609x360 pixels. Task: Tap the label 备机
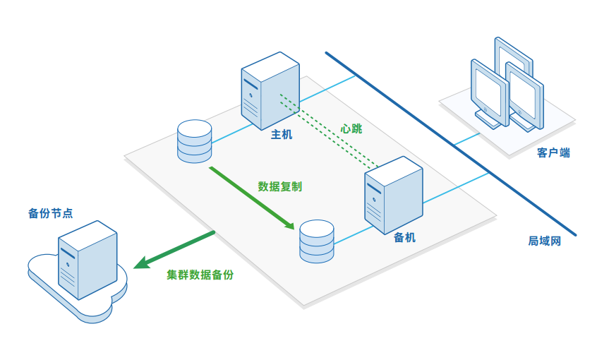[x=404, y=238]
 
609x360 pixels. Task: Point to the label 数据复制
[x=280, y=187]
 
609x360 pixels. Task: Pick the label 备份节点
[x=50, y=212]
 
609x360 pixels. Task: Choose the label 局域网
[x=544, y=241]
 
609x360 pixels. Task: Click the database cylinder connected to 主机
[x=195, y=141]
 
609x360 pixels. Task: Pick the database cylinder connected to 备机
[x=316, y=241]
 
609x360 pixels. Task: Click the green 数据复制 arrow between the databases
[x=251, y=197]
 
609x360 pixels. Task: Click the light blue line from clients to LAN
[x=466, y=138]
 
